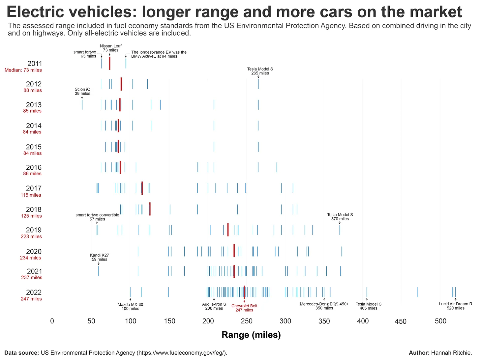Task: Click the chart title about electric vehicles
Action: coord(234,12)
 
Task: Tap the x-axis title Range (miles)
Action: coord(251,335)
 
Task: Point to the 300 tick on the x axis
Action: coord(285,321)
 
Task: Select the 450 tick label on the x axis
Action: coord(401,321)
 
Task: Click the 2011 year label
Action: coord(35,64)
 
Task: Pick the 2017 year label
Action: coord(34,188)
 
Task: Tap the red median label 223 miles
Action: coord(31,236)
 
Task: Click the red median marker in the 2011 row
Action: coord(110,63)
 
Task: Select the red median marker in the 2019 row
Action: coord(228,230)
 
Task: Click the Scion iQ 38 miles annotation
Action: coord(82,91)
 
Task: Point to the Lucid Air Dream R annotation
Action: coord(455,306)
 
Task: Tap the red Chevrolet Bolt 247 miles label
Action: coord(244,308)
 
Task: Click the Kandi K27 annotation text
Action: coord(100,257)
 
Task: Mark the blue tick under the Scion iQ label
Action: coord(82,104)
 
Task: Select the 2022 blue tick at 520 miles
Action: coord(455,292)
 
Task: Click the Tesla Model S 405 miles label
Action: coord(368,306)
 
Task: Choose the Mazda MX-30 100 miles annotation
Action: coord(130,307)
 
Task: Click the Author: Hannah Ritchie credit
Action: coord(440,353)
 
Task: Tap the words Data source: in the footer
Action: coord(22,353)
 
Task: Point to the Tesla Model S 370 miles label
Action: coord(340,217)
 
